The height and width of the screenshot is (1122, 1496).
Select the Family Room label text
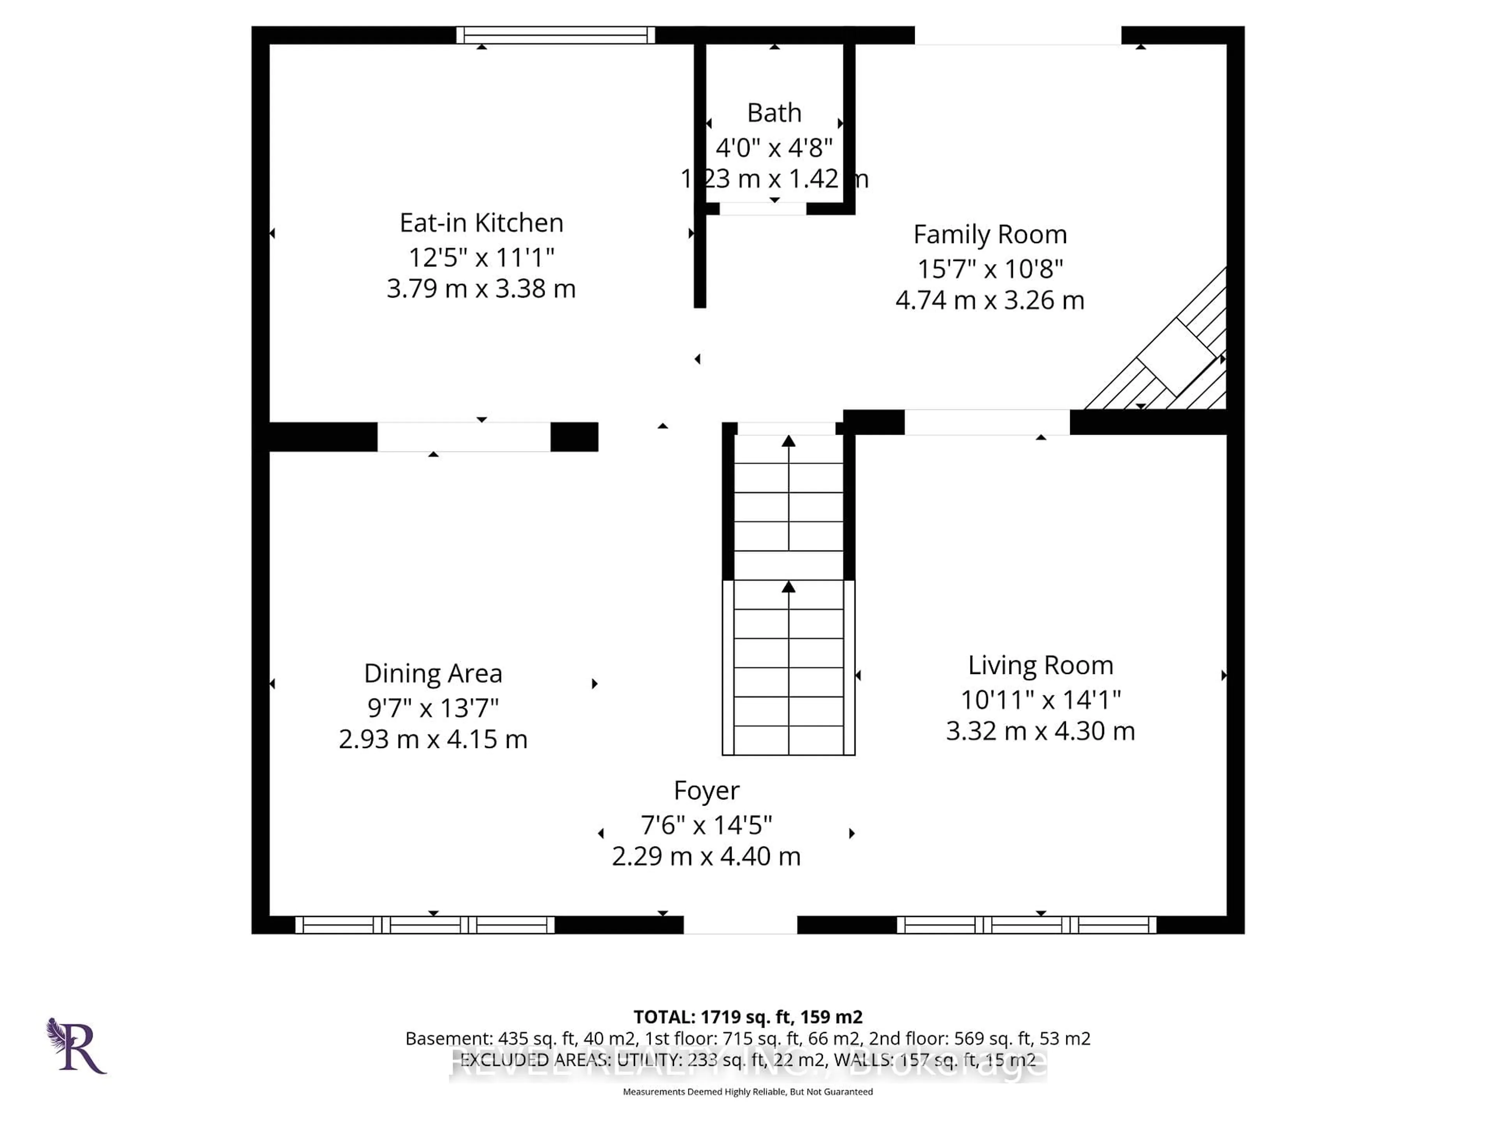click(990, 235)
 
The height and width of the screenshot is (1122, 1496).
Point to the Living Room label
click(1040, 665)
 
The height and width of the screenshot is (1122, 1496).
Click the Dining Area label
click(433, 674)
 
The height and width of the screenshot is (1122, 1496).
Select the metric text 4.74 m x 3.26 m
click(990, 300)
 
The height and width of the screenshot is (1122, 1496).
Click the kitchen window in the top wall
click(555, 35)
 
